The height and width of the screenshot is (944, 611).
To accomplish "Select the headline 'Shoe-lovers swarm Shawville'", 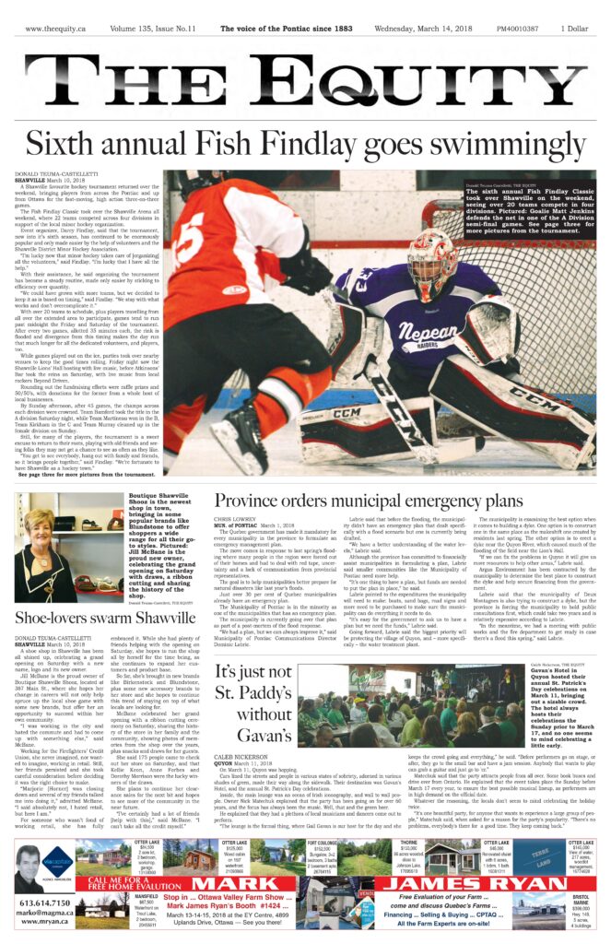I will (106, 618).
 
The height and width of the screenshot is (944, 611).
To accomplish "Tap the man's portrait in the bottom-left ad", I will (28, 867).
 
